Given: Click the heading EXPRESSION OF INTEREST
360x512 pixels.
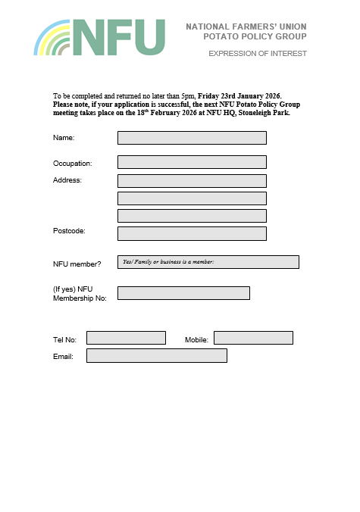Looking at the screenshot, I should (x=258, y=54).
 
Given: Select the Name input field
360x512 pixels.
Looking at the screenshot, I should (x=192, y=138).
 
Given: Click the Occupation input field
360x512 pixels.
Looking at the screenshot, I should (x=192, y=162).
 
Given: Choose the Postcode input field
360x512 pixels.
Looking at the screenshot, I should (x=192, y=233).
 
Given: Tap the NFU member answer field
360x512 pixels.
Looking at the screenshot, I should (x=208, y=262).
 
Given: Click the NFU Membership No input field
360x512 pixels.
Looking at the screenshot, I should (x=183, y=293).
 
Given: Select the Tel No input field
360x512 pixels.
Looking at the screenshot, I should (x=126, y=338).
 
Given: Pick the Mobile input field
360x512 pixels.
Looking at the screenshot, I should (x=253, y=338).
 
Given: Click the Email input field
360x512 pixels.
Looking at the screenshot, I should (x=157, y=355).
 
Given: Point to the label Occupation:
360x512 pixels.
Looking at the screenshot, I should (x=72, y=164).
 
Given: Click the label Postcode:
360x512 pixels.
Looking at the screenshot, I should (x=69, y=230).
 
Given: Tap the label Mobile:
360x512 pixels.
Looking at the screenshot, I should (x=196, y=340).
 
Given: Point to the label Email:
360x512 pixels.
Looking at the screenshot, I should (x=63, y=356).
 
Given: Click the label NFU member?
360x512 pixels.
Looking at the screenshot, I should (x=77, y=264).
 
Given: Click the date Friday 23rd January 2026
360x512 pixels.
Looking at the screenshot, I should (x=239, y=96).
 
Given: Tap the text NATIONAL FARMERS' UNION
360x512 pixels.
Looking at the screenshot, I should (x=246, y=27).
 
